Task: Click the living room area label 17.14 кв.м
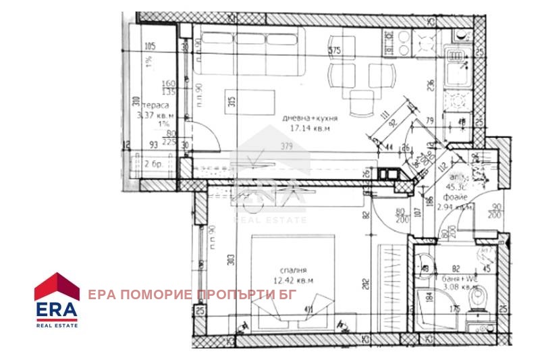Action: click(310, 127)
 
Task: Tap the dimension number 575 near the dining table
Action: click(334, 51)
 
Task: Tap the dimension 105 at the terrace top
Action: click(150, 46)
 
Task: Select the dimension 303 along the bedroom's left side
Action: click(230, 257)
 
